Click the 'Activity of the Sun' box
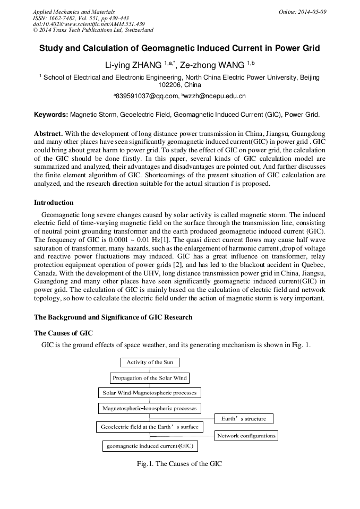click(150, 363)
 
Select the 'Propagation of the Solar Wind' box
click(150, 378)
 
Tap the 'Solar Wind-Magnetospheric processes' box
click(149, 393)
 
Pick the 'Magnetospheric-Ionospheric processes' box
click(149, 409)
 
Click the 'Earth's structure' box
click(244, 419)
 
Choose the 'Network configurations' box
click(246, 436)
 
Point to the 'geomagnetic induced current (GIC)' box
click(150, 446)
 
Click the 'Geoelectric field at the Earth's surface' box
click(149, 427)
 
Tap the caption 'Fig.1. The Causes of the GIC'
click(179, 464)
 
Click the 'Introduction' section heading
click(54, 203)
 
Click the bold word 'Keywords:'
click(51, 114)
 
